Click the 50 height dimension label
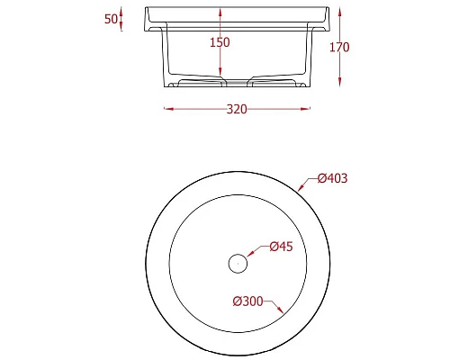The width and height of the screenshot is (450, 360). [x=112, y=20]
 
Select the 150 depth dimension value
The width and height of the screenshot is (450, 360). [x=220, y=42]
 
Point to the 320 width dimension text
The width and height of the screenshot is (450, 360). [x=236, y=109]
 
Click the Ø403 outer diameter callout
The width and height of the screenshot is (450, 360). [x=332, y=178]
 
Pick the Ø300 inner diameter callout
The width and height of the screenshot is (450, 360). [x=247, y=301]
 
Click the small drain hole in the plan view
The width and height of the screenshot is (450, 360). [x=238, y=263]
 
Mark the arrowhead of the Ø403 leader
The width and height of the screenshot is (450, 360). [x=300, y=189]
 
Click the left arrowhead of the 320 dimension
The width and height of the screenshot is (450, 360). [x=166, y=109]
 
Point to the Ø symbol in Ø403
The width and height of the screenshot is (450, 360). [x=321, y=178]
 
